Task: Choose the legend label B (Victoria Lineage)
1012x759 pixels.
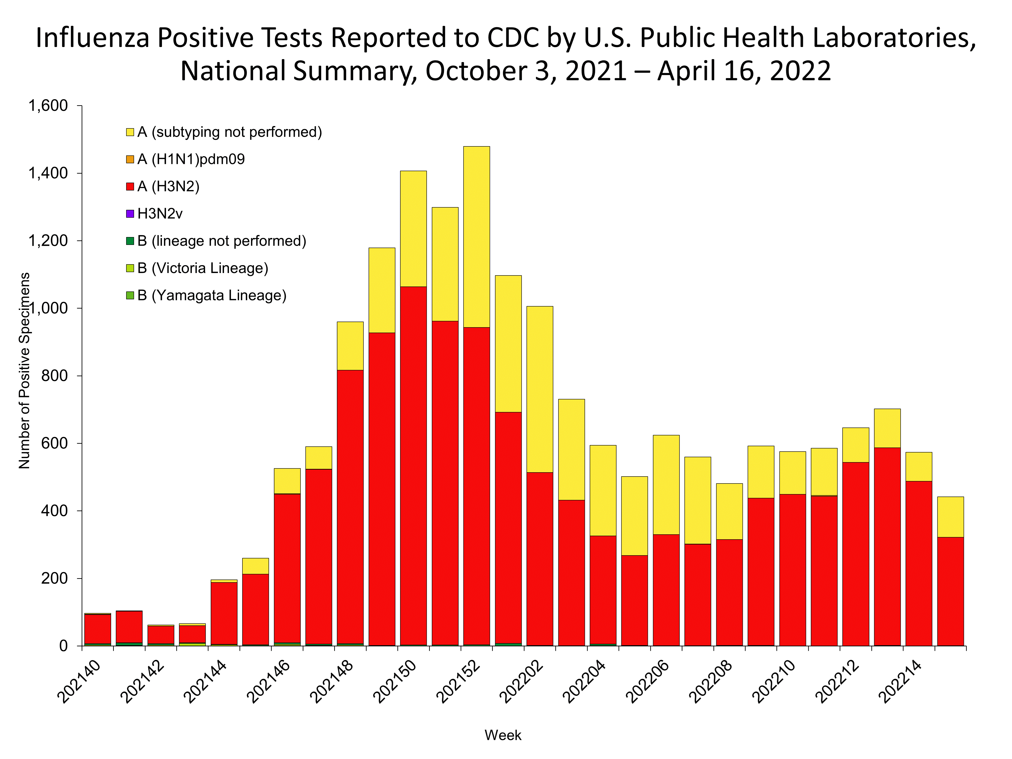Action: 203,268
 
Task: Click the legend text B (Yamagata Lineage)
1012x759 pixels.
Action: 212,296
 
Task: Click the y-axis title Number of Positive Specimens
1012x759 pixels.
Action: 24,371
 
